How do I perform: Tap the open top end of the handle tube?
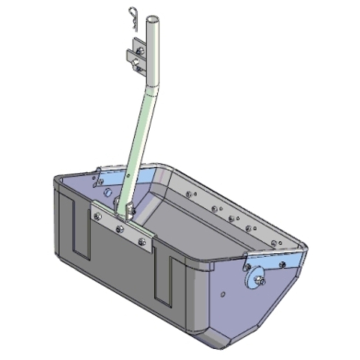coord(153,20)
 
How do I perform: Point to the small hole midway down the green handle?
coord(128,175)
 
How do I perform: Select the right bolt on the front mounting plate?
coord(142,241)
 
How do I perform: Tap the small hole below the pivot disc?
coord(223,295)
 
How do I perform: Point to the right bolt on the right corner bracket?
coord(282,265)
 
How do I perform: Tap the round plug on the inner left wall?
coord(108,192)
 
